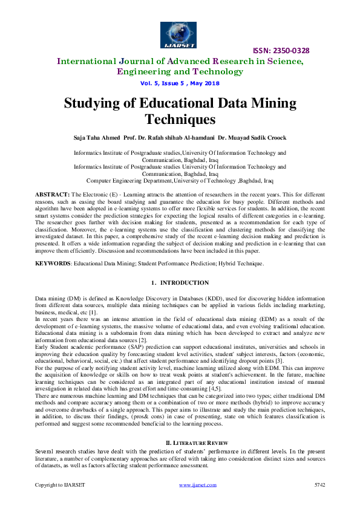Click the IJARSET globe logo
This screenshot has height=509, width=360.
(179, 34)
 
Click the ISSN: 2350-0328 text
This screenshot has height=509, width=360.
(283, 51)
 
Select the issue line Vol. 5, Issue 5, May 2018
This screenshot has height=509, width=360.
(180, 83)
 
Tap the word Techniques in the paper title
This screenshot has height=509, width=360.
(180, 119)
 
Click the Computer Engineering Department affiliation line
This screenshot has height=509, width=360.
(180, 180)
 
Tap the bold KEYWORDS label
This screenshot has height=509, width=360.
(52, 264)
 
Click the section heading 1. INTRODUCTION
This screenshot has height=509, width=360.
(180, 283)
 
